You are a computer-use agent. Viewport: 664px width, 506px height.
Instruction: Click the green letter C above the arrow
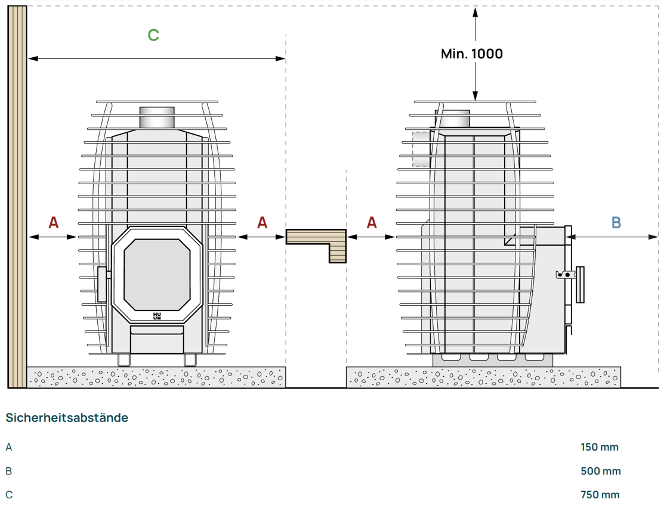[x=153, y=35]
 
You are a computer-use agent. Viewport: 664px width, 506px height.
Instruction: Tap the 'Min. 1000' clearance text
[x=471, y=54]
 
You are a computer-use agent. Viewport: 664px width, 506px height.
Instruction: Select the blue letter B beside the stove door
[x=616, y=223]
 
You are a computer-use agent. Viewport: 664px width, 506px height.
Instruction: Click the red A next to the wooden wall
[x=54, y=223]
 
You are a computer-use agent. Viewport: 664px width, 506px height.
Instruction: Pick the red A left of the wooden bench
[x=262, y=223]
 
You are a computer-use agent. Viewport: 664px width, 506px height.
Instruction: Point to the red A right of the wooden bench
[x=372, y=223]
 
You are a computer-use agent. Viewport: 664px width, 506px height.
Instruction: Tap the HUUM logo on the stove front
[x=157, y=316]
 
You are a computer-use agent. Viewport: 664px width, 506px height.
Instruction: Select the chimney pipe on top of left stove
[x=157, y=117]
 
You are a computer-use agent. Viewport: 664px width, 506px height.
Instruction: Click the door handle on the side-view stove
[x=578, y=285]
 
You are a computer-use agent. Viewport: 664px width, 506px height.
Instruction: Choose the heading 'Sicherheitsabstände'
[x=67, y=418]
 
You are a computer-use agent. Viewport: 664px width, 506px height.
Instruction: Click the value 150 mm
[x=600, y=447]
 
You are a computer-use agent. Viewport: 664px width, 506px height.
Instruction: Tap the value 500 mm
[x=600, y=471]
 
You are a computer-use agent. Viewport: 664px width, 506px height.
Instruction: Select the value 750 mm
[x=600, y=495]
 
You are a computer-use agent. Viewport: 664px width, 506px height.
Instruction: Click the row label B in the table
[x=9, y=471]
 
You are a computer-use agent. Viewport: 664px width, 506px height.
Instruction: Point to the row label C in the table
[x=9, y=495]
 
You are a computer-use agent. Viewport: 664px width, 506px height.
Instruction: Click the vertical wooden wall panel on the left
[x=17, y=197]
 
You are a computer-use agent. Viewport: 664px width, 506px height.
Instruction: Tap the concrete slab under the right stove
[x=483, y=377]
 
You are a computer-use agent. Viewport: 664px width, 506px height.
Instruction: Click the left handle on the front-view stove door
[x=101, y=284]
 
